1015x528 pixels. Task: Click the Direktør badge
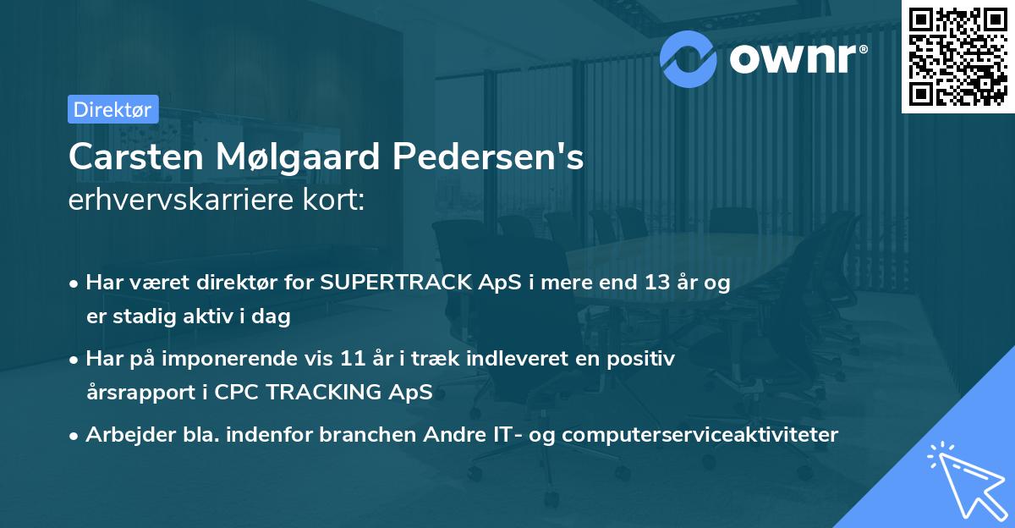point(113,109)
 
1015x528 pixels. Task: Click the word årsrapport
point(135,393)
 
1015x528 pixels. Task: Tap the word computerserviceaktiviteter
point(700,435)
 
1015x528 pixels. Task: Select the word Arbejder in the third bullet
point(123,435)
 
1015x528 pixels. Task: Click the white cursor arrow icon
point(967,481)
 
